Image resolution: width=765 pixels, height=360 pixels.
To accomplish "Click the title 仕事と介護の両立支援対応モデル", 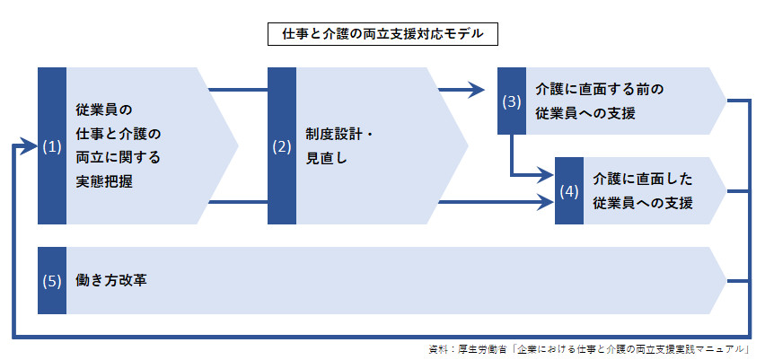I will click(382, 35).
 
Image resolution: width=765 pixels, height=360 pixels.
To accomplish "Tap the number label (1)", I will click(51, 147).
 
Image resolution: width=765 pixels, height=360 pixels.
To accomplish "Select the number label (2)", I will click(281, 147).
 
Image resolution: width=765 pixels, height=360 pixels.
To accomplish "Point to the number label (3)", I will click(511, 101).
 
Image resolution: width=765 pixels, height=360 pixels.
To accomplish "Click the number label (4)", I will click(568, 191).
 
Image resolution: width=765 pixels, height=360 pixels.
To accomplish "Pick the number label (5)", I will click(51, 281).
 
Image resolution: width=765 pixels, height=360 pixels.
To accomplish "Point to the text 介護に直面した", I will click(643, 180).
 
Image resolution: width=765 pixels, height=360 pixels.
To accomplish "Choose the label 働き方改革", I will click(112, 281).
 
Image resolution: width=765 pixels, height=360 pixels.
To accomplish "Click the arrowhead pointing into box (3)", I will click(477, 90).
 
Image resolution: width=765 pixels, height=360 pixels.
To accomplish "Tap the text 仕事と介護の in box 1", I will click(117, 135).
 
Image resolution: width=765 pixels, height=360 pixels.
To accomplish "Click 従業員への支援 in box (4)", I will click(643, 203).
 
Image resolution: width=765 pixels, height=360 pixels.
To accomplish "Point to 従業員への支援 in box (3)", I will click(585, 113).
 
